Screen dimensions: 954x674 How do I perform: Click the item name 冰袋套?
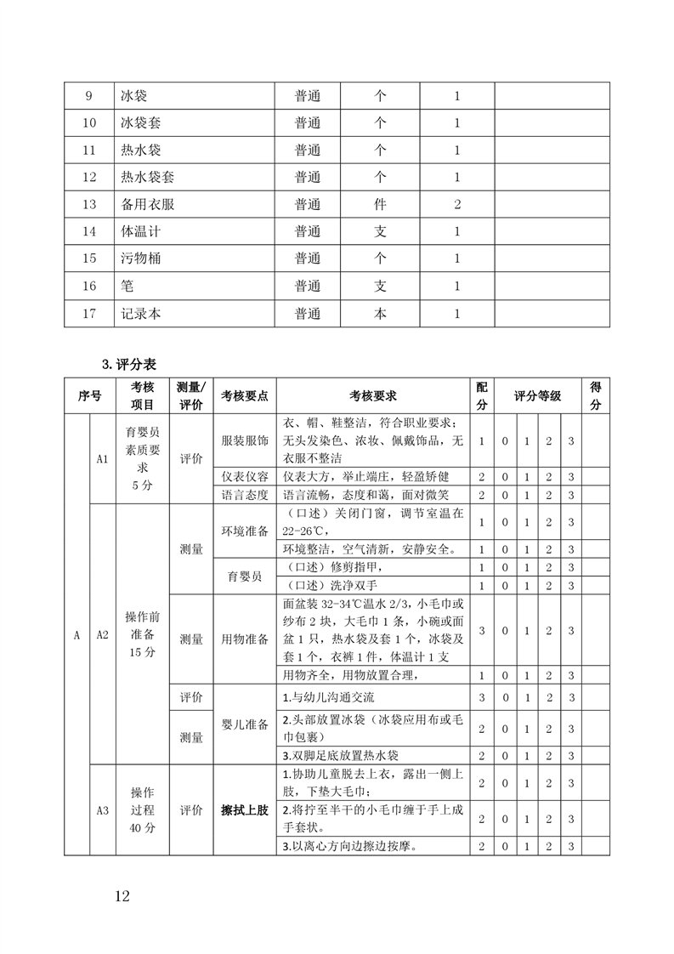click(141, 123)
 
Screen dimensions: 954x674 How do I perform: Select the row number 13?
click(90, 205)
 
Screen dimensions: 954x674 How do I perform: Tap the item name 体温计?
click(141, 232)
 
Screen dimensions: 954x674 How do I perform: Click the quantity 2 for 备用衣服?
click(457, 205)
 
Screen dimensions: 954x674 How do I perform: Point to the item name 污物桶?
click(141, 259)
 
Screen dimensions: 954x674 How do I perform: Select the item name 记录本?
click(141, 314)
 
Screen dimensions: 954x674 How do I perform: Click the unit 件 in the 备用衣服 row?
click(380, 205)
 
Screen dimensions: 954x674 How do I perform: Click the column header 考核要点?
click(245, 396)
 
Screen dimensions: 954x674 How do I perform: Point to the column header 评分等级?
click(537, 396)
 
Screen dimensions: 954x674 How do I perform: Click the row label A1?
click(102, 459)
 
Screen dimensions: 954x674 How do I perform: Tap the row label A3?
click(102, 810)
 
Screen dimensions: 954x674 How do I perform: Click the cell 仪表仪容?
click(245, 477)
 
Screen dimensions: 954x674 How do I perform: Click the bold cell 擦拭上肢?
click(245, 810)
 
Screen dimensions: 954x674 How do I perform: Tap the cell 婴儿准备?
click(245, 724)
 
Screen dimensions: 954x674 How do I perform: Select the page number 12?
click(122, 896)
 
